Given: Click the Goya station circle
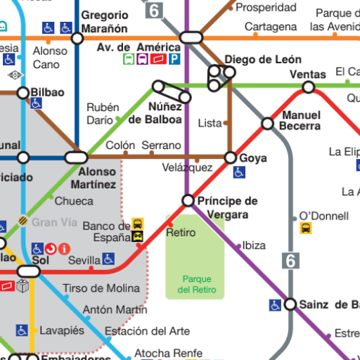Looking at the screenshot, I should tap(231, 157).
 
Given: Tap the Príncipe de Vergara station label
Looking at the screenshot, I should tap(227, 207).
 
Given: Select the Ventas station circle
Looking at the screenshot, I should tap(308, 87).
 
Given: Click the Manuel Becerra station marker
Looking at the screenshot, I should tap(267, 124).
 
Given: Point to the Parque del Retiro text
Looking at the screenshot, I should tap(196, 285).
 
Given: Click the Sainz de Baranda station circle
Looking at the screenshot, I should tap(290, 304).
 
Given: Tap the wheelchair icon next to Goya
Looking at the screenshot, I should tap(240, 172).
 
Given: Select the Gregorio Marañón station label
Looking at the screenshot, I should tap(105, 22).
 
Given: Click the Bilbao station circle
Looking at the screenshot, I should tap(23, 93).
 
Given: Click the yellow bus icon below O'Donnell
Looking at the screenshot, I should tap(306, 229).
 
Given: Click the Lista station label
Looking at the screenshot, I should tap(210, 123).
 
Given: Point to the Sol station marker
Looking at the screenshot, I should tap(29, 271).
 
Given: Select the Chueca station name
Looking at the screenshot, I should tap(74, 201).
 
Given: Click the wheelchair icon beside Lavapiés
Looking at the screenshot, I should tap(22, 330).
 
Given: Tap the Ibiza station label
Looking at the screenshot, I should tap(254, 245).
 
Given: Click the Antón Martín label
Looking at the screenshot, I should tap(115, 309).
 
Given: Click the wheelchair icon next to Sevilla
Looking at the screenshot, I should tap(108, 259).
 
